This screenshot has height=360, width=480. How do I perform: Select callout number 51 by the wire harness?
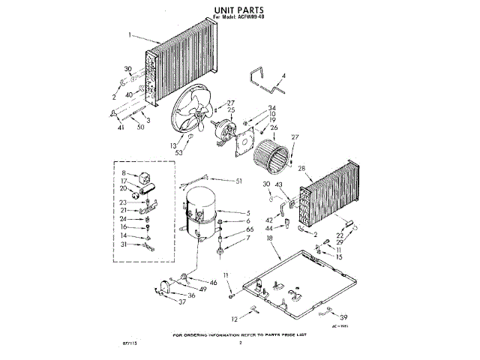(x=239, y=181)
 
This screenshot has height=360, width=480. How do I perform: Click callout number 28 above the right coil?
(x=301, y=169)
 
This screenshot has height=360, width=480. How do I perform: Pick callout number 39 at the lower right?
(x=344, y=317)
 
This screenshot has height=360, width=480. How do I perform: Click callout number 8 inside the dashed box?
(x=124, y=173)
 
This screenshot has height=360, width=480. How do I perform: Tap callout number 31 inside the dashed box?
(x=124, y=244)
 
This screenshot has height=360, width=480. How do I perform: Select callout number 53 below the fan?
(x=179, y=153)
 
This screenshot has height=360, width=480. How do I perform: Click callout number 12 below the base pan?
(x=234, y=319)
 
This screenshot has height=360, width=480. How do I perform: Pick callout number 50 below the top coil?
(x=141, y=127)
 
